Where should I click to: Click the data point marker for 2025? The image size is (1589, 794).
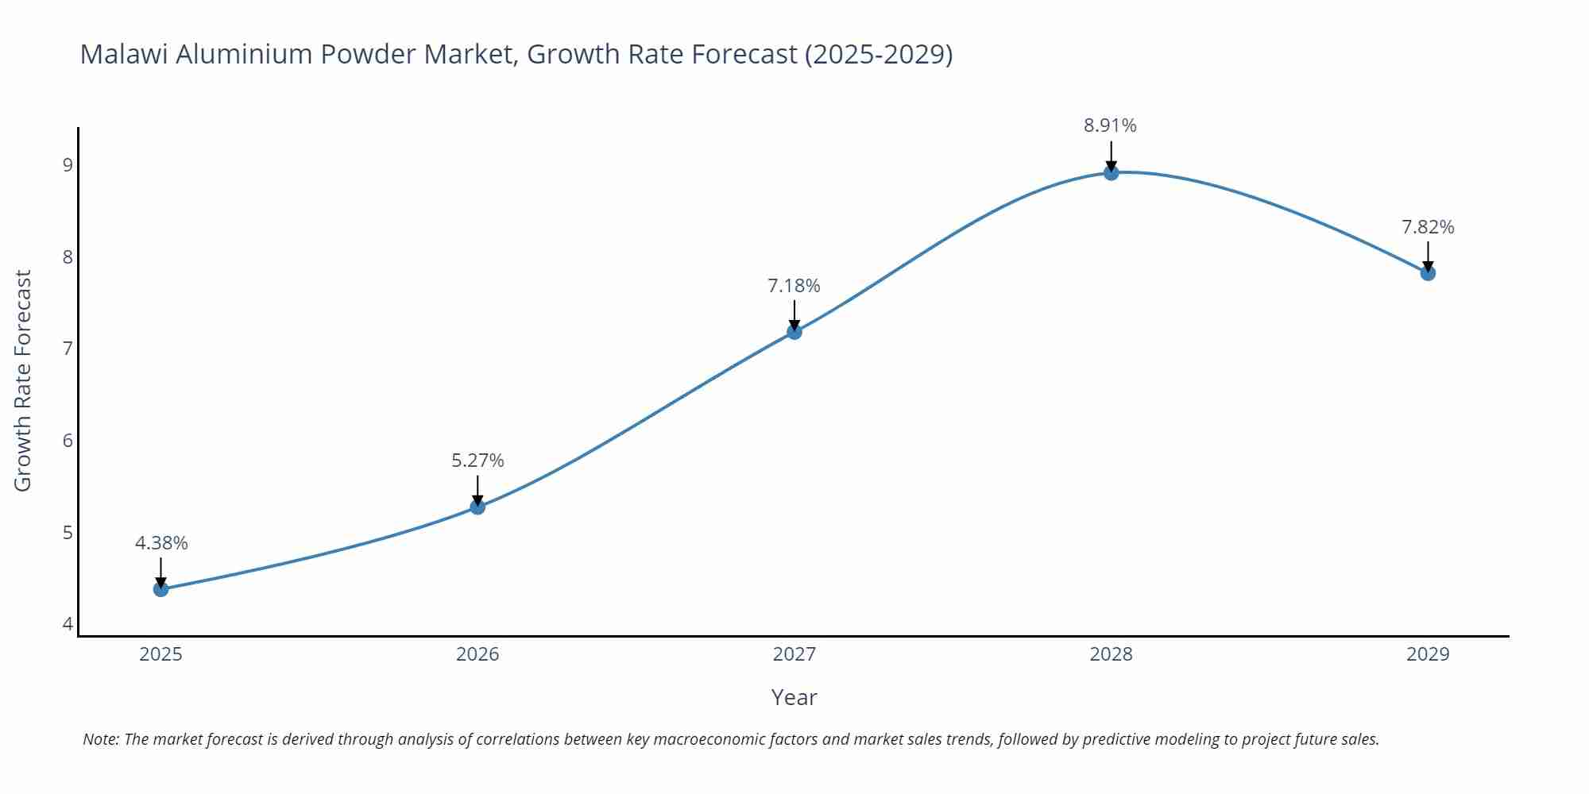click(x=160, y=589)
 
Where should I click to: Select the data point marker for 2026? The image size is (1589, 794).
click(x=477, y=507)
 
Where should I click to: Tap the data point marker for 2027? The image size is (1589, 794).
click(x=794, y=332)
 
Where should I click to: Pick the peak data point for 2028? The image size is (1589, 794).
click(x=1111, y=173)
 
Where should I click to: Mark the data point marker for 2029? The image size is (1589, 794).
click(x=1428, y=273)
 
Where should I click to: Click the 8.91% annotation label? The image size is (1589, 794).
click(x=1110, y=125)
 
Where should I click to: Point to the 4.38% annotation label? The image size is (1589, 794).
click(x=161, y=543)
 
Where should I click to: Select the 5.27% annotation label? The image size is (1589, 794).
click(x=477, y=461)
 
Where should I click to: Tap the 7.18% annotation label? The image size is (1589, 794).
click(x=794, y=286)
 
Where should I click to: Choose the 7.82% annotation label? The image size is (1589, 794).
click(x=1428, y=227)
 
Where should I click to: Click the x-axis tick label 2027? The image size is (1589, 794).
click(x=794, y=654)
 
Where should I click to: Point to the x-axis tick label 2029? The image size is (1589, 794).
click(x=1428, y=654)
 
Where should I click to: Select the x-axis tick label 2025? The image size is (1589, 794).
click(x=160, y=654)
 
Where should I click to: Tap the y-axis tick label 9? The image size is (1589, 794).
click(x=68, y=165)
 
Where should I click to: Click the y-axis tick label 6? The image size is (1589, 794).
click(x=68, y=441)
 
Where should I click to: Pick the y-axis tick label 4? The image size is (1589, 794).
click(x=68, y=624)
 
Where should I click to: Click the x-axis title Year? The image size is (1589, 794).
click(x=794, y=697)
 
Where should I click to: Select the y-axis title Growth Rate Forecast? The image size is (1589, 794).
click(x=23, y=380)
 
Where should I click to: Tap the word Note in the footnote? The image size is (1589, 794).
click(x=100, y=739)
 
